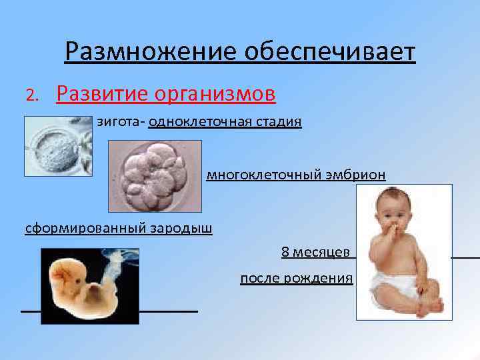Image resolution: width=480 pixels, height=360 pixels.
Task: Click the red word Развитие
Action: [101, 95]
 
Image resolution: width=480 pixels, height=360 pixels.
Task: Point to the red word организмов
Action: [215, 95]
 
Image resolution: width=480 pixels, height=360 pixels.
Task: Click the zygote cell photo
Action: [57, 146]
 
